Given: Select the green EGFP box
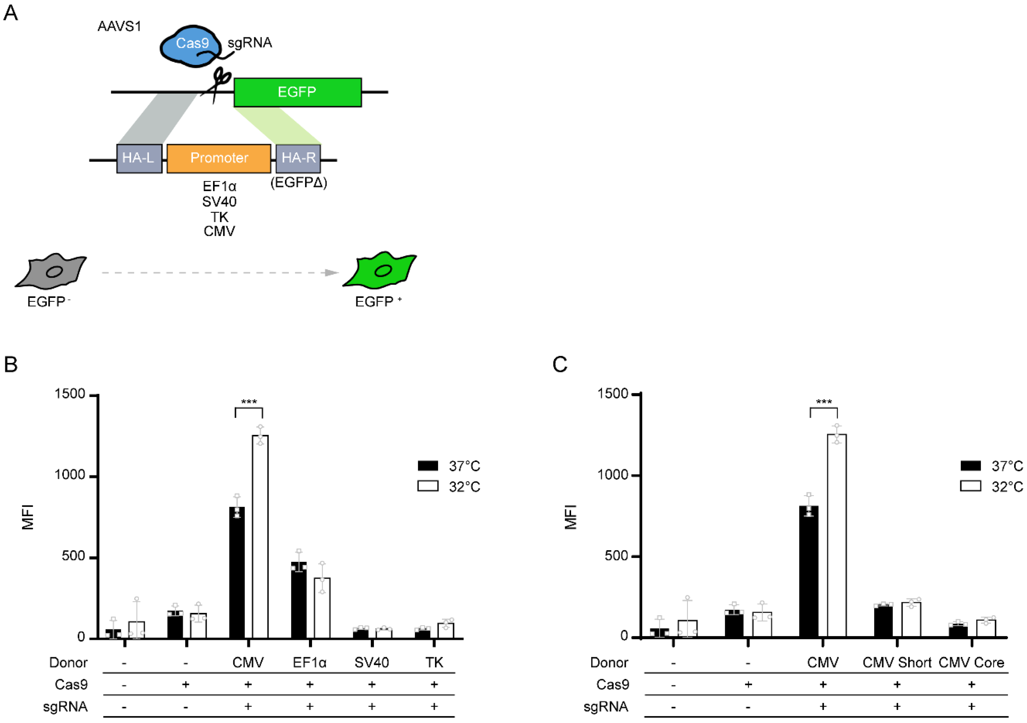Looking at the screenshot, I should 297,92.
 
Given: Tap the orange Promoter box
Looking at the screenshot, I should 219,158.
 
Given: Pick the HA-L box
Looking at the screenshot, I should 139,158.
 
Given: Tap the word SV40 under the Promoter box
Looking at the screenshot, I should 219,202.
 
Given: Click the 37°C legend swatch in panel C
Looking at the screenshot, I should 970,466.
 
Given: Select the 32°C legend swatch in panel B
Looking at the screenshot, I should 428,486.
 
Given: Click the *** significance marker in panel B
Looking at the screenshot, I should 249,402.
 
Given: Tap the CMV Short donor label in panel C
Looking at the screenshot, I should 896,662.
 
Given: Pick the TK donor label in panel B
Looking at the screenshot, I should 434,662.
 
